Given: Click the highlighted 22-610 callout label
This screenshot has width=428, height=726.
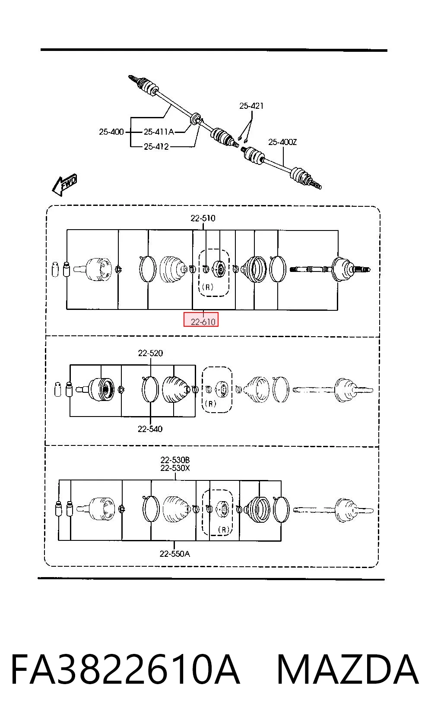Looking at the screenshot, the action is pyautogui.click(x=203, y=322).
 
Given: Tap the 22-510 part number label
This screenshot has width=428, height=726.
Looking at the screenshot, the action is pyautogui.click(x=203, y=218).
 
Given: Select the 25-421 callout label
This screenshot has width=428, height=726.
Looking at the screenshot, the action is pyautogui.click(x=251, y=106).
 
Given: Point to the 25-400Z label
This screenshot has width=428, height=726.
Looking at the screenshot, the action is pyautogui.click(x=282, y=142).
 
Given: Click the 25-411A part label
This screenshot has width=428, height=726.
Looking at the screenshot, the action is pyautogui.click(x=159, y=132).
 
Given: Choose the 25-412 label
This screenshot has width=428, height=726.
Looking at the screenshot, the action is pyautogui.click(x=156, y=146).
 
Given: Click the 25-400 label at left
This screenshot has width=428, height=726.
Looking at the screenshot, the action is pyautogui.click(x=111, y=132).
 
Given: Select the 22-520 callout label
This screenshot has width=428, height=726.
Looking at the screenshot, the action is pyautogui.click(x=150, y=353).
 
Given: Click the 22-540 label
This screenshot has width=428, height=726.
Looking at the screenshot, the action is pyautogui.click(x=150, y=429).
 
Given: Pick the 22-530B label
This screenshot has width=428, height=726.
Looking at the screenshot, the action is pyautogui.click(x=175, y=460).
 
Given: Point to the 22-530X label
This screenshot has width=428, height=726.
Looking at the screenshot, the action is pyautogui.click(x=175, y=468).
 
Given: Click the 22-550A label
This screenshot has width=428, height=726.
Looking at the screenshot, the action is pyautogui.click(x=175, y=554).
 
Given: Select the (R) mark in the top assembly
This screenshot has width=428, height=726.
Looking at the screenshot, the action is pyautogui.click(x=207, y=287).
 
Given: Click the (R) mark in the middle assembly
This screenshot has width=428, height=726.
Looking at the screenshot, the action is pyautogui.click(x=211, y=404).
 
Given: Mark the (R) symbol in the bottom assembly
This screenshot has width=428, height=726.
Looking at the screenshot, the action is pyautogui.click(x=224, y=530).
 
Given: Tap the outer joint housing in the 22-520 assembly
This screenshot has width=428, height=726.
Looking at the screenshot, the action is pyautogui.click(x=101, y=389).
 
